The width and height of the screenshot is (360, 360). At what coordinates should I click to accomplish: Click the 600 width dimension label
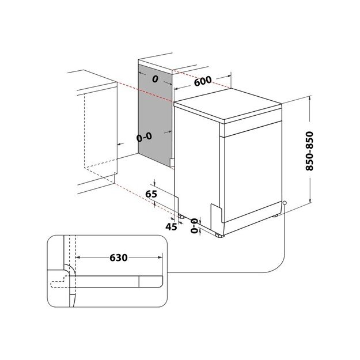point(203,81)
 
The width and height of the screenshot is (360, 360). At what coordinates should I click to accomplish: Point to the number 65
point(151,194)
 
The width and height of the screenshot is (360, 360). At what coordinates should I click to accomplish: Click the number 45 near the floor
point(171,226)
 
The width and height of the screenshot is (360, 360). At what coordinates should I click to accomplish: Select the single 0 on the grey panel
point(154,79)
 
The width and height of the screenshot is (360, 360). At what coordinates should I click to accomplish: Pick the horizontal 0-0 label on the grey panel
point(144,138)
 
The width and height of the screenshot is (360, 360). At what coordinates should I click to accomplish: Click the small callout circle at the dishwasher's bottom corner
point(285,202)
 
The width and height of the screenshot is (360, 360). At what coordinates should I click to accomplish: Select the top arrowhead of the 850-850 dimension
point(310,99)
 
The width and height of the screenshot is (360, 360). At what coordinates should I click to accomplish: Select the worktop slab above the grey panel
point(156,62)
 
